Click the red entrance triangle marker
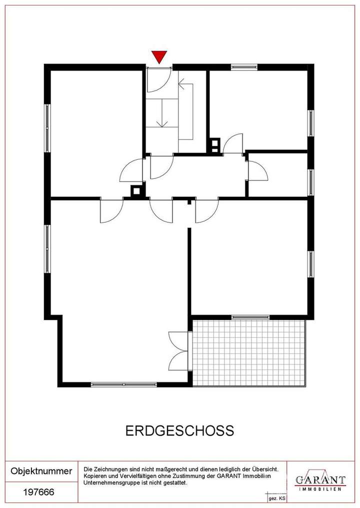click(x=159, y=57)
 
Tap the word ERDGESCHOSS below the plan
click(x=179, y=431)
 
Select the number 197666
click(x=39, y=492)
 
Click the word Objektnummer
click(x=41, y=471)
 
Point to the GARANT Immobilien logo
click(x=320, y=481)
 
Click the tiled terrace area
click(x=248, y=352)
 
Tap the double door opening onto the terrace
click(x=179, y=350)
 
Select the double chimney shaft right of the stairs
click(x=215, y=145)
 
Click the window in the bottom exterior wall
click(x=123, y=384)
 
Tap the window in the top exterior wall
click(x=244, y=66)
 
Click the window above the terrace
click(x=250, y=317)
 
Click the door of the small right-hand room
click(x=257, y=171)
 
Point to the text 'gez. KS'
click(x=276, y=499)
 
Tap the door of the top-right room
click(x=233, y=144)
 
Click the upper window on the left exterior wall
click(x=47, y=128)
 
